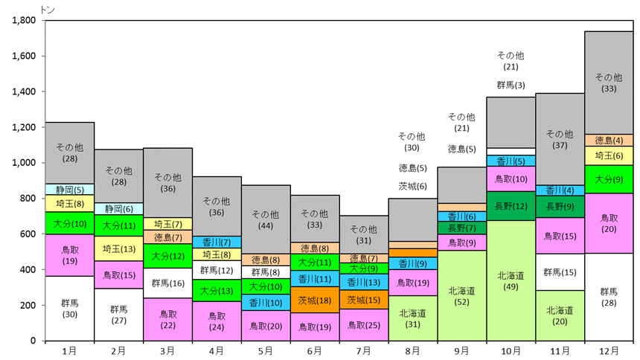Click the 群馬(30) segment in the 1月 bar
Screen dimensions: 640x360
70,309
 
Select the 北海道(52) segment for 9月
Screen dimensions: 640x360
461,295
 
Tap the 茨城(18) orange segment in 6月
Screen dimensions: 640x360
315,300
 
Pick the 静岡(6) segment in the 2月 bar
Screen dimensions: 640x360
119,209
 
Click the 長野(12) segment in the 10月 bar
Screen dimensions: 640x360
511,206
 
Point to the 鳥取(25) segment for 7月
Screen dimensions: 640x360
364,325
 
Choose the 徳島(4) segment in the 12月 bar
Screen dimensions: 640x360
609,141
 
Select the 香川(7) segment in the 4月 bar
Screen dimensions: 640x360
217,242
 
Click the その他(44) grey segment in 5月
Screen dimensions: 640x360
266,219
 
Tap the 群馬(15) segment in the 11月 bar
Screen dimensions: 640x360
560,272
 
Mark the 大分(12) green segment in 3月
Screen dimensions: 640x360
167,256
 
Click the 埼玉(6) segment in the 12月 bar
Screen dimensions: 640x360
609,156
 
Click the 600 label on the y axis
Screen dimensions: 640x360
28,234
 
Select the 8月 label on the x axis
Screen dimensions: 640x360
413,351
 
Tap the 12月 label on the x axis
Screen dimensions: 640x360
609,351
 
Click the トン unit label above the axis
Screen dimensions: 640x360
48,10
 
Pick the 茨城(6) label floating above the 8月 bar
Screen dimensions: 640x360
413,186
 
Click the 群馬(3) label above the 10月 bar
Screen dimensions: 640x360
511,86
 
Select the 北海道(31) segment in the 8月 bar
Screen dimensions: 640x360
413,318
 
